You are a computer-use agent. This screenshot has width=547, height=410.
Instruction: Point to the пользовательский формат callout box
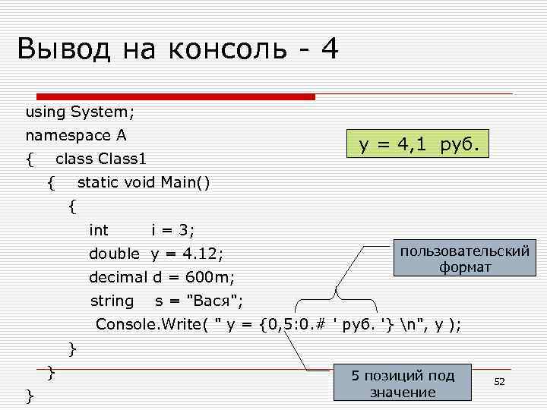click(x=464, y=259)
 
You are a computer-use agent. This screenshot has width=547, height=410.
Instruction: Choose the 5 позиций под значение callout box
click(x=403, y=384)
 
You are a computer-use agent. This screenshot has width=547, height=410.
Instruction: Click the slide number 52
click(x=499, y=381)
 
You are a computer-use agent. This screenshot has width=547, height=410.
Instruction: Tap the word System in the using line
click(x=102, y=112)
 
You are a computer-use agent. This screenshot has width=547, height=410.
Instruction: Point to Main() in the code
click(x=185, y=182)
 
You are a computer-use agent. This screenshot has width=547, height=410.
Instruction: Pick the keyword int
click(x=99, y=230)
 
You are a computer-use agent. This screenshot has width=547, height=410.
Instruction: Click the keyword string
click(x=112, y=301)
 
